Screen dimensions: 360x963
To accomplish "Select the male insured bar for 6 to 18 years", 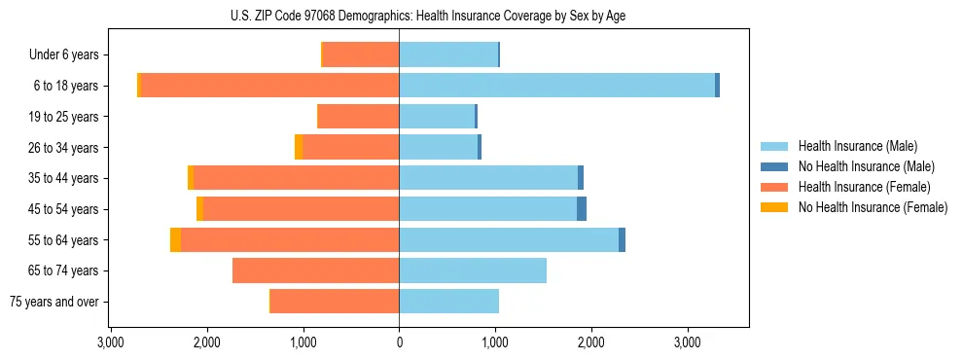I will point(556,86).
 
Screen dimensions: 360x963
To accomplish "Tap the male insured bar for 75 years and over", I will point(448,302).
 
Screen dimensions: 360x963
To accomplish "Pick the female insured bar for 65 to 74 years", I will point(316,270).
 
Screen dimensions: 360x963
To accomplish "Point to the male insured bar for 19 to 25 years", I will point(437,117).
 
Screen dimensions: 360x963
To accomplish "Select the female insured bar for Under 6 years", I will point(361,54).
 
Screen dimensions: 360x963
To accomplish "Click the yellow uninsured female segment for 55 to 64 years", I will point(175,239).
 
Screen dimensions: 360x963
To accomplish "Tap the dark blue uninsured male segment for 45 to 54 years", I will point(582,209).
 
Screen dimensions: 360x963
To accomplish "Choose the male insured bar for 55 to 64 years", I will point(509,239).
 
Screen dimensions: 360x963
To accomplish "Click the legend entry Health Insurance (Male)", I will point(857,146).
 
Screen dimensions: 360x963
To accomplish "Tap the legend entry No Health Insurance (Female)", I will point(873,207).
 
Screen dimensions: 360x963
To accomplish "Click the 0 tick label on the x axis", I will point(399,342).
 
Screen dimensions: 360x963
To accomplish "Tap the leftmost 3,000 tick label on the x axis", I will point(111,342).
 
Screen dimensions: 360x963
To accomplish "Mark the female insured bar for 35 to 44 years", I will point(297,178).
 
